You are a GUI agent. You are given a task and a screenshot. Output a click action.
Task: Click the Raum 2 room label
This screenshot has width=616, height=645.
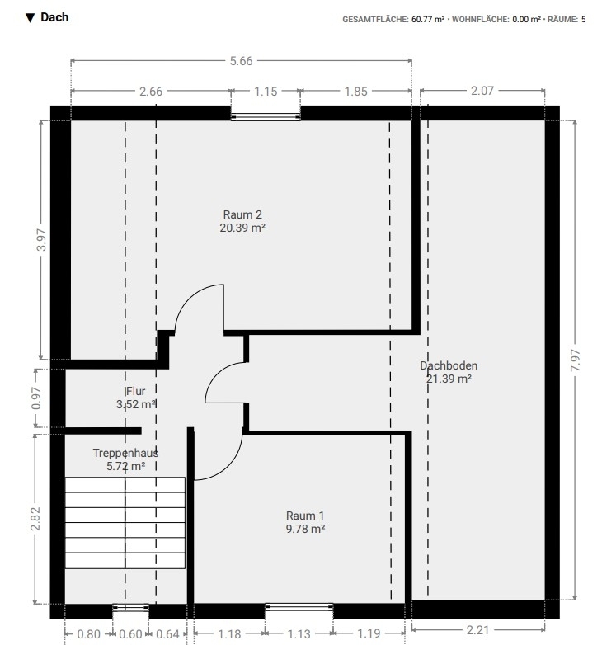tap(242, 214)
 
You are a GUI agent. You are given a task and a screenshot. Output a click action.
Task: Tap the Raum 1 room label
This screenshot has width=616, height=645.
tap(305, 516)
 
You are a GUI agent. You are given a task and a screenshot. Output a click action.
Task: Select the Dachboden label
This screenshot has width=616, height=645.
tap(449, 365)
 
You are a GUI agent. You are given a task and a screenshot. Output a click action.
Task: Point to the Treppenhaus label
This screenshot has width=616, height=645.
tap(125, 453)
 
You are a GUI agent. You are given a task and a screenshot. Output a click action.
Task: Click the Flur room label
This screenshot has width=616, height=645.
tap(136, 391)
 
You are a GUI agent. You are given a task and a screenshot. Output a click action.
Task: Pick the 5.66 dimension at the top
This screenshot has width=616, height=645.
tap(241, 61)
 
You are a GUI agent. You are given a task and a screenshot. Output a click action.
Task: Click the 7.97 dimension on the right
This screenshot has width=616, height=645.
tap(576, 360)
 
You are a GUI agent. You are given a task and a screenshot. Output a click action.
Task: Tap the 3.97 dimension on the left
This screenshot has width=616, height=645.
tap(41, 239)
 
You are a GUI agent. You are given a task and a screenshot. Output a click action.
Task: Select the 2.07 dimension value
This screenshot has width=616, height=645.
tap(482, 91)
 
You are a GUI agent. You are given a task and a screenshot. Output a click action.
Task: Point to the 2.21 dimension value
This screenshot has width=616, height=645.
tap(477, 630)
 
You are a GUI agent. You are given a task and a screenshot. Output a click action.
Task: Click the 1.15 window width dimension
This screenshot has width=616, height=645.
tap(266, 92)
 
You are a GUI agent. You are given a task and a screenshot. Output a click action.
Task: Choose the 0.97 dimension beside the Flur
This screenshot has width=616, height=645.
tap(36, 398)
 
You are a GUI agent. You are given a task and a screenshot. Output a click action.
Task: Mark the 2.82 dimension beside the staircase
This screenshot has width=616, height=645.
tap(35, 519)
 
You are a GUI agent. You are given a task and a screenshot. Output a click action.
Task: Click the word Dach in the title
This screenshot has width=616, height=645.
tap(54, 17)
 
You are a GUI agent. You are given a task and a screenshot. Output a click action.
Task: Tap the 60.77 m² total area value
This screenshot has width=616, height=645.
tap(428, 19)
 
